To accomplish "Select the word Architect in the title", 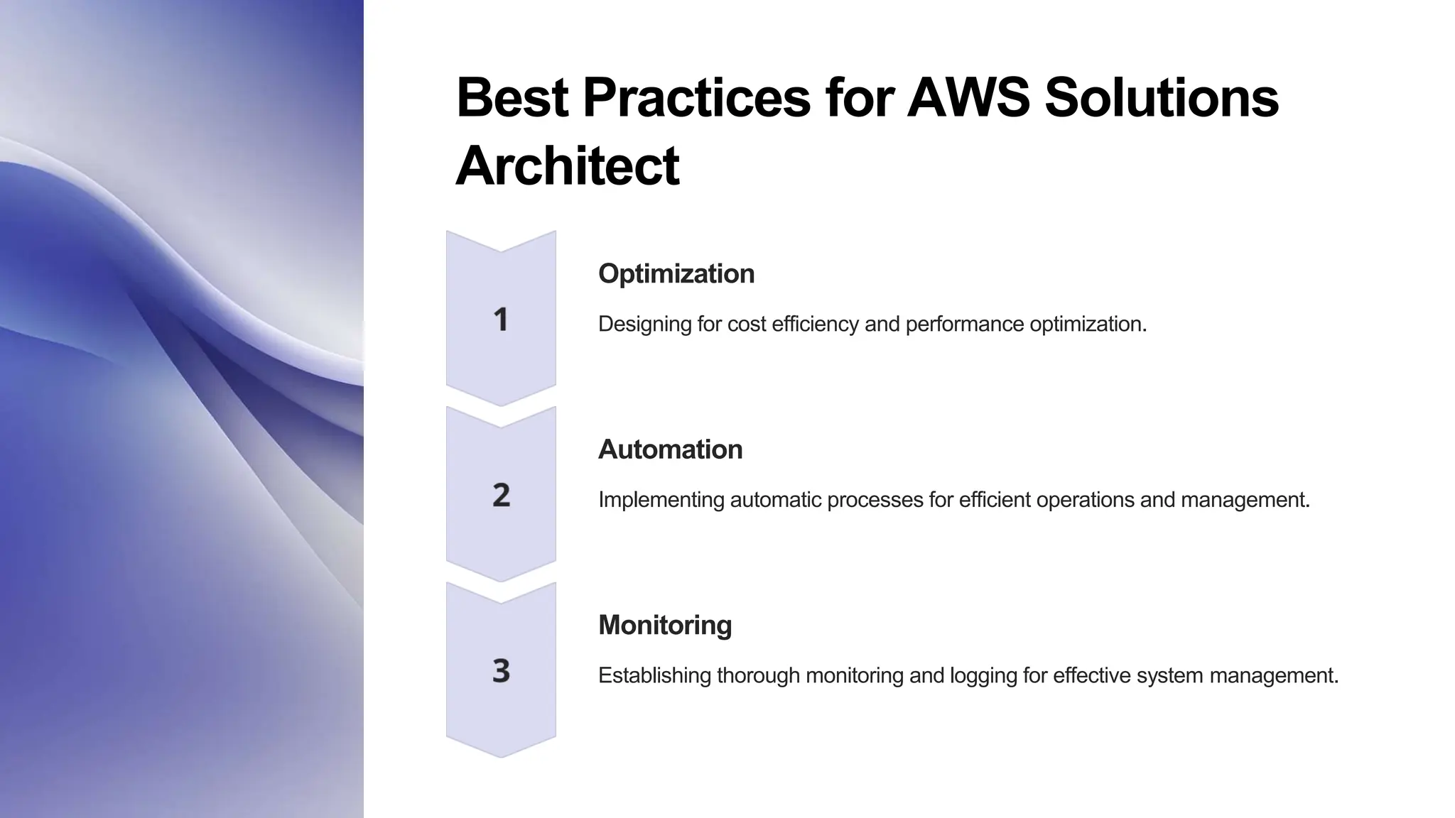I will pyautogui.click(x=567, y=165).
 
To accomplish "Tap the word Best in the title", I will pyautogui.click(x=512, y=97).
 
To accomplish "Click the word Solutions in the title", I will pyautogui.click(x=1162, y=97).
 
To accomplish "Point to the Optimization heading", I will pyautogui.click(x=676, y=273).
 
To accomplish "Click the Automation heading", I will pyautogui.click(x=670, y=449).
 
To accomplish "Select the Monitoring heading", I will pyautogui.click(x=665, y=625).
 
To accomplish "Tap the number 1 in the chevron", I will pyautogui.click(x=501, y=320).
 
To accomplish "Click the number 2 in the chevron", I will pyautogui.click(x=501, y=495).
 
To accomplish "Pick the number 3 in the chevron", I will pyautogui.click(x=501, y=671).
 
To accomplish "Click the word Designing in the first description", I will pyautogui.click(x=644, y=325).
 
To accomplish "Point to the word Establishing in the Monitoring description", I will pyautogui.click(x=654, y=675).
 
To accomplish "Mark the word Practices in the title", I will pyautogui.click(x=696, y=97).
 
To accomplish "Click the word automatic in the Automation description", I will pyautogui.click(x=776, y=500).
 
